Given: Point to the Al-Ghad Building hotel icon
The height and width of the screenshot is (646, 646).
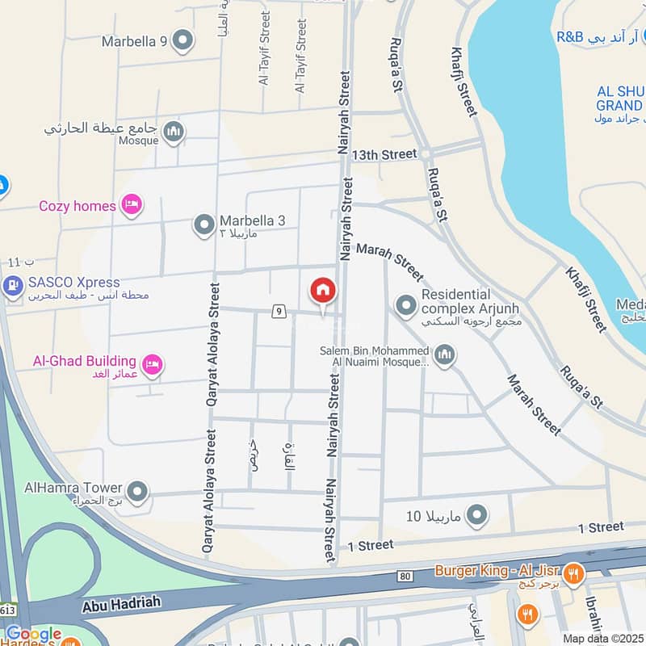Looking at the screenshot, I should [x=153, y=365].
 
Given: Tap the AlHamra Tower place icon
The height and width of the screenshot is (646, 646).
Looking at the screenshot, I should [x=138, y=489].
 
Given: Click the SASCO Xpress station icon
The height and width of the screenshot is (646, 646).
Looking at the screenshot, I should [x=12, y=286].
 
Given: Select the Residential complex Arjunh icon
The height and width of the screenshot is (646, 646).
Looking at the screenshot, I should [x=405, y=305].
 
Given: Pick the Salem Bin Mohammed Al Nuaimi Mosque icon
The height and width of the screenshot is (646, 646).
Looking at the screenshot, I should [x=444, y=354].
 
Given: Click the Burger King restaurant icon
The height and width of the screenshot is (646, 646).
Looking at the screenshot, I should [x=574, y=572].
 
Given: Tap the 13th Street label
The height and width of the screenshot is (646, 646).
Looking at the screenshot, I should [x=384, y=153].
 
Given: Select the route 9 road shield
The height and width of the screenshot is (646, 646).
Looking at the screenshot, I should [x=279, y=310].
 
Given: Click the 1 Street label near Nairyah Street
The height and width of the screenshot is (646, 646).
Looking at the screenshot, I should [x=370, y=546].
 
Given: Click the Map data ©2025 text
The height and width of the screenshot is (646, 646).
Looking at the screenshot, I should [x=602, y=638].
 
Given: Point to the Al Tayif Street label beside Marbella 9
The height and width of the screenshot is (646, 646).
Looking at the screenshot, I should [x=264, y=61].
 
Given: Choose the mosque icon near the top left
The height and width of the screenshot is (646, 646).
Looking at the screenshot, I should [x=174, y=132].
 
